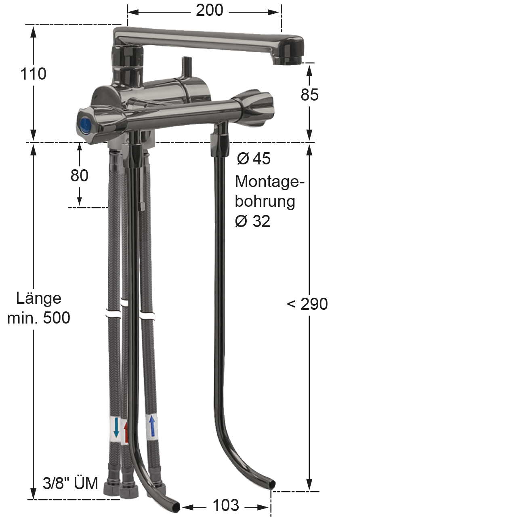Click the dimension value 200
point(209,11)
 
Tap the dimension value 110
point(33,74)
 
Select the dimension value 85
point(309,95)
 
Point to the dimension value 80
point(80,175)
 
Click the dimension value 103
point(226,505)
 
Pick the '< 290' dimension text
point(307,304)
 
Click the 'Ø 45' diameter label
point(254,158)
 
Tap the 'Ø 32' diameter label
point(252,221)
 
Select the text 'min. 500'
point(39,317)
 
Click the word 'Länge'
point(39,298)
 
